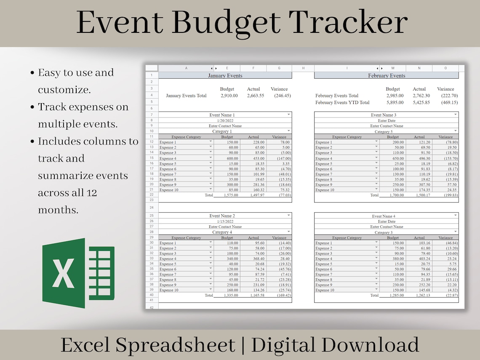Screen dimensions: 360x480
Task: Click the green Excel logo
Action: [x=78, y=273]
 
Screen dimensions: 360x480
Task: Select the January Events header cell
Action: [x=225, y=76]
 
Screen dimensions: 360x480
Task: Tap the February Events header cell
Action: [x=386, y=76]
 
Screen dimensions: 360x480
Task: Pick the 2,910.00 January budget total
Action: [x=229, y=96]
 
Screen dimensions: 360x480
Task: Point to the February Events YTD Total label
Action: [x=342, y=102]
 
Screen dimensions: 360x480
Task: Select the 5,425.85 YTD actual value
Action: [x=419, y=102]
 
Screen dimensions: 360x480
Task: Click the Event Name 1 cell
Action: [x=222, y=115]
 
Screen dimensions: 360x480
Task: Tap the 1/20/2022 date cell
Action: [x=225, y=120]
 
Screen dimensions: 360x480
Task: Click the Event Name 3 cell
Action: [x=383, y=115]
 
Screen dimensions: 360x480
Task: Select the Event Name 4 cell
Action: [x=383, y=216]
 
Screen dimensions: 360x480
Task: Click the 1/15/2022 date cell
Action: [x=225, y=221]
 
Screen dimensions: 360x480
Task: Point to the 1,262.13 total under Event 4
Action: [x=419, y=295]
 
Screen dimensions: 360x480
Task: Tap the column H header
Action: [x=303, y=68]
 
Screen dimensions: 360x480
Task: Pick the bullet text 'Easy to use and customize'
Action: [x=76, y=81]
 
